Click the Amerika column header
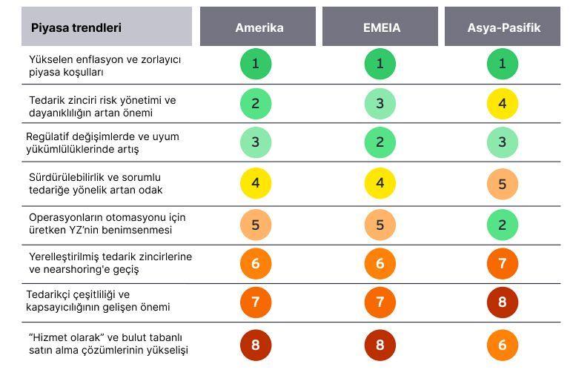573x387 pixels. (x=258, y=26)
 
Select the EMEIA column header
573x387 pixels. (x=380, y=26)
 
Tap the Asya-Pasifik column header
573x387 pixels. (x=503, y=26)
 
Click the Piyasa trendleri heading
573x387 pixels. (x=76, y=27)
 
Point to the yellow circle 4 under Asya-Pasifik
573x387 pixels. (x=503, y=103)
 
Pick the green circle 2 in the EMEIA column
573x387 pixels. (x=380, y=142)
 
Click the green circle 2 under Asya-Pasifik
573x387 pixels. (x=503, y=225)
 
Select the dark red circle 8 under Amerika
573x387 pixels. (x=256, y=345)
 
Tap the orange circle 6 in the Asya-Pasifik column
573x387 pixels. (x=503, y=345)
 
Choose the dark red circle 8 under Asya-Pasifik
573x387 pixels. (x=503, y=302)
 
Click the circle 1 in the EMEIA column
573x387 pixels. (x=380, y=64)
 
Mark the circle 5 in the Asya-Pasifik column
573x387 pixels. (x=503, y=184)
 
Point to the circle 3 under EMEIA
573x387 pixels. (x=380, y=103)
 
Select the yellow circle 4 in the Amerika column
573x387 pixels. (x=256, y=182)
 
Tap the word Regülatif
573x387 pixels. (x=47, y=137)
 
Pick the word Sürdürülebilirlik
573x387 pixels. (x=66, y=177)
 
